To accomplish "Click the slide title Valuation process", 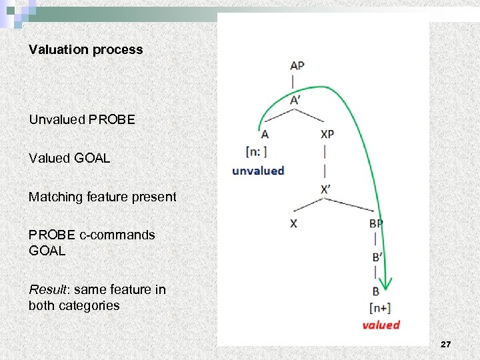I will click(85, 50).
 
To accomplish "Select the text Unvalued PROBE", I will click(81, 120).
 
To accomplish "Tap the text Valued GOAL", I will click(69, 159).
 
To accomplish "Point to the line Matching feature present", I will click(102, 197).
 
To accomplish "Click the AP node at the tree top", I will click(297, 66).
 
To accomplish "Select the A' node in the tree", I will click(296, 100).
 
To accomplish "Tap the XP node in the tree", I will click(327, 134).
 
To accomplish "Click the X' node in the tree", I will click(325, 189).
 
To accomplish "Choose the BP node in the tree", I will click(376, 224).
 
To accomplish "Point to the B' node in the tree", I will click(376, 257).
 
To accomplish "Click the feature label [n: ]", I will click(257, 151).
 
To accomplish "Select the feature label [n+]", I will click(380, 308).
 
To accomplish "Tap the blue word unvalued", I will click(258, 171).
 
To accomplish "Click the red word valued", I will click(381, 325).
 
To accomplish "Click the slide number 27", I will click(445, 344).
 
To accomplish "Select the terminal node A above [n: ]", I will click(265, 134).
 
